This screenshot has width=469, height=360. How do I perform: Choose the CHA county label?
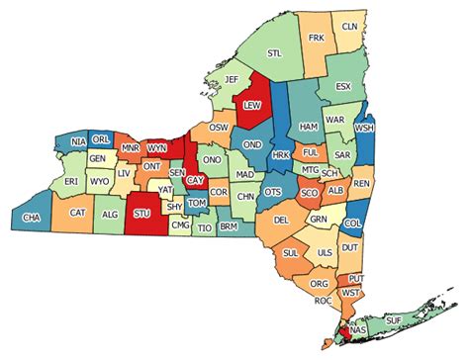(32, 217)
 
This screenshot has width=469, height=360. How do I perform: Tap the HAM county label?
(309, 128)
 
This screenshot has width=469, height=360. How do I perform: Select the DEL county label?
(281, 220)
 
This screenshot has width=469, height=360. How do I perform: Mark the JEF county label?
(232, 79)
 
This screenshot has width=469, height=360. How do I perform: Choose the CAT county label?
(77, 211)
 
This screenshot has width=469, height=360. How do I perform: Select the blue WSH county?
(364, 129)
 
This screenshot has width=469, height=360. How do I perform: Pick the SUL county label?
(291, 254)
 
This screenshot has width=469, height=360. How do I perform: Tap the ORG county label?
(319, 284)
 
